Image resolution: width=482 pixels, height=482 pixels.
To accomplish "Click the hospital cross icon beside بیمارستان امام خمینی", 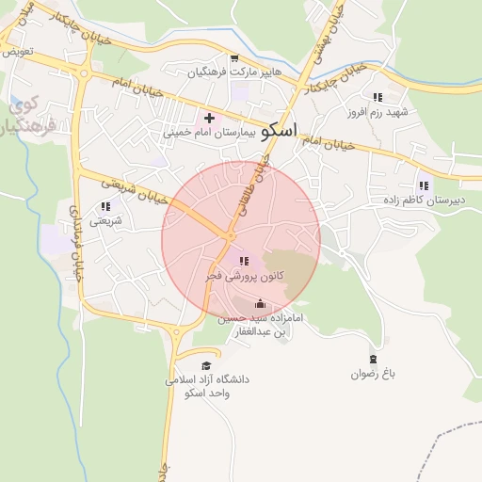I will pyautogui.click(x=209, y=118).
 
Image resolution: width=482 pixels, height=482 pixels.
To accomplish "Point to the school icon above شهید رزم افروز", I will pyautogui.click(x=378, y=97).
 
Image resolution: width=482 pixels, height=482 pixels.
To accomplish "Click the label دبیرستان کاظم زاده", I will pyautogui.click(x=422, y=201).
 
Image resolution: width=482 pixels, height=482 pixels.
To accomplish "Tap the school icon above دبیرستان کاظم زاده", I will pyautogui.click(x=423, y=185).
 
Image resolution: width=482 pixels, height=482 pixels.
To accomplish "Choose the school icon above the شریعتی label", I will pyautogui.click(x=105, y=205).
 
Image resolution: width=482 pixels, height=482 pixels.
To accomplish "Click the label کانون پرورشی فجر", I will pyautogui.click(x=240, y=277).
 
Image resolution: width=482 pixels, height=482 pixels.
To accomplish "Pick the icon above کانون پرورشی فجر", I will pyautogui.click(x=244, y=261).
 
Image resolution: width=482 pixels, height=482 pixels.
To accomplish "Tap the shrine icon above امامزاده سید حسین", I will pyautogui.click(x=261, y=303).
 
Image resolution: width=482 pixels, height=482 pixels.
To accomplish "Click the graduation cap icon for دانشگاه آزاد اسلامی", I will pyautogui.click(x=206, y=366).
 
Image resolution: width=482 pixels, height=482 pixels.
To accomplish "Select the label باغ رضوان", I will pyautogui.click(x=374, y=374).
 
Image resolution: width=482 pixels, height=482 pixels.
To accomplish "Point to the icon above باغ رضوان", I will pyautogui.click(x=374, y=359).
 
